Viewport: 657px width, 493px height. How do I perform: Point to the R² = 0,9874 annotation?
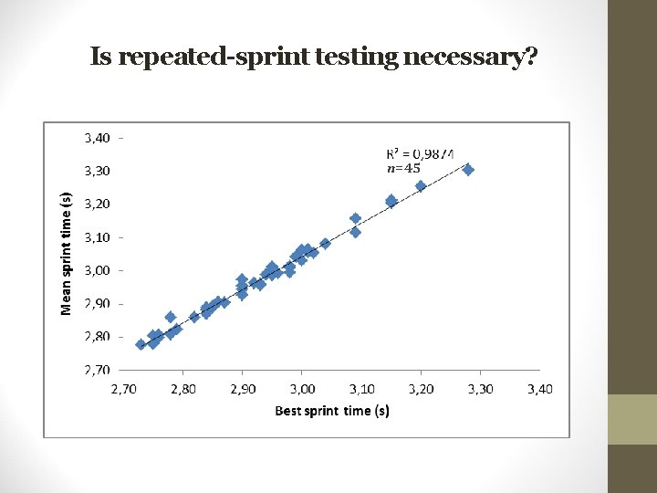tap(421, 153)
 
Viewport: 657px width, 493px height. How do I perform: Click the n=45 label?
tap(402, 168)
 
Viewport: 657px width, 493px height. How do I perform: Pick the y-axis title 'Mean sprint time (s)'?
tap(67, 254)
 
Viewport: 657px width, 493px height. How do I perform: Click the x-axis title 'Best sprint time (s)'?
tap(332, 411)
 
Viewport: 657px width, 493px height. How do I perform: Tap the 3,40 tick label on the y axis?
tap(98, 138)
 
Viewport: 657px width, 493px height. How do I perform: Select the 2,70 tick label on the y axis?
tap(98, 370)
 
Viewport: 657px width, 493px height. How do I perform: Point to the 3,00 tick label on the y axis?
tap(98, 270)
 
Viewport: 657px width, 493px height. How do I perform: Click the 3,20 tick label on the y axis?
tap(98, 204)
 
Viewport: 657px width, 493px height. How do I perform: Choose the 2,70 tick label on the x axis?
tap(124, 390)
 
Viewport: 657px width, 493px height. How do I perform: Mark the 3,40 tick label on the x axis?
tap(539, 390)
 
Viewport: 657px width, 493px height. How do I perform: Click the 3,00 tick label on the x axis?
tap(302, 390)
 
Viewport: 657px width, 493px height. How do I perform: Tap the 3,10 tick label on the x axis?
tap(361, 390)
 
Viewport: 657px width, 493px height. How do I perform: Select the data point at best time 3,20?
tap(421, 186)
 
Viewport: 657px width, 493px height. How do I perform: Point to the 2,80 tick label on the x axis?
tap(183, 390)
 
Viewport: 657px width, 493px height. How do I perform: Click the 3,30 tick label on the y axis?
tap(98, 171)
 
